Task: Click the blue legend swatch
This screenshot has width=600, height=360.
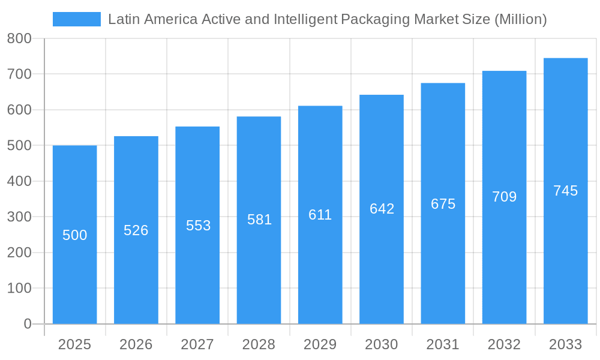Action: coord(76,19)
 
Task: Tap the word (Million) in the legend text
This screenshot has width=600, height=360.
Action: coord(520,19)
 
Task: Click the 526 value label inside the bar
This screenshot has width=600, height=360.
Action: coord(136,230)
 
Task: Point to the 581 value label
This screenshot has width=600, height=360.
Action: coord(259,220)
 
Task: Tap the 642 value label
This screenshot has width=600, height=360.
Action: coord(382,209)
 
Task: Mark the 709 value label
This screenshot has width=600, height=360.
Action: coord(504,197)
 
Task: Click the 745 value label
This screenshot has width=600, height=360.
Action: coord(565,191)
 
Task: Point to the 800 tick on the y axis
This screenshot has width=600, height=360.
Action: coord(19,38)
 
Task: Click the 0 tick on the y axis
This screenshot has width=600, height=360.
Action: coord(27,324)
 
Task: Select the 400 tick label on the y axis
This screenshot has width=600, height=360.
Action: coord(19,181)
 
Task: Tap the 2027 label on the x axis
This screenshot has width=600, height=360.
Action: coord(197,344)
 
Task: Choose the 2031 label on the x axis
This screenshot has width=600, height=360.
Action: coord(443,344)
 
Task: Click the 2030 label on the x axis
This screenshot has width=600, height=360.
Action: coord(382,344)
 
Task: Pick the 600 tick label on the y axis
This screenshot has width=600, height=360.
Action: coord(19,110)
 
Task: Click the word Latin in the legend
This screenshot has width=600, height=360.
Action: coord(122,19)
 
